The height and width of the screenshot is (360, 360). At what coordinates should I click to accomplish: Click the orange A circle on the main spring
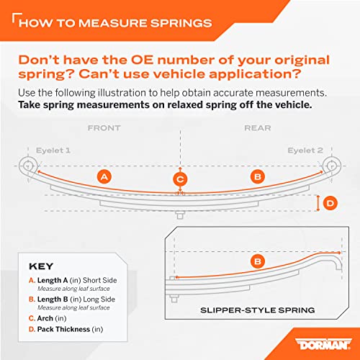pos(104,176)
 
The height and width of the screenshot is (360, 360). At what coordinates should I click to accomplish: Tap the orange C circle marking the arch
pos(181,179)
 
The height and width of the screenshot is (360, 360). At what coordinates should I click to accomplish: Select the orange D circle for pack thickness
pos(330,204)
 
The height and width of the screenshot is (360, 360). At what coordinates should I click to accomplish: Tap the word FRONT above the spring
pos(104,128)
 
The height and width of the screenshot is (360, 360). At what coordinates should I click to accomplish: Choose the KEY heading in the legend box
pos(40,265)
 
